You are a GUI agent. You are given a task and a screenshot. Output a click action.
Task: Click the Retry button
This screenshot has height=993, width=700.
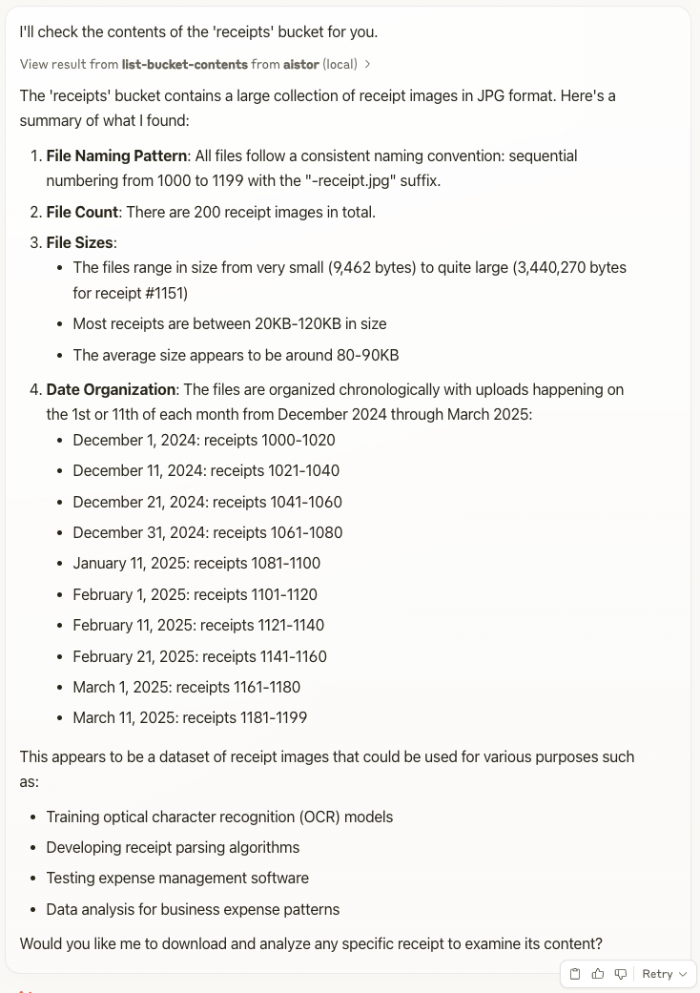(x=664, y=974)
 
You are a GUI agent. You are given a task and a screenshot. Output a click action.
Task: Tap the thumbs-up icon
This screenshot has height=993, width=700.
(x=598, y=974)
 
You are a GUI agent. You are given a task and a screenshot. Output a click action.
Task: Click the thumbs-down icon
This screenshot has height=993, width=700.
(x=621, y=974)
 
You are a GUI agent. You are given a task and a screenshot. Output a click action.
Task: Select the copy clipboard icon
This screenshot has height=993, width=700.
(x=575, y=974)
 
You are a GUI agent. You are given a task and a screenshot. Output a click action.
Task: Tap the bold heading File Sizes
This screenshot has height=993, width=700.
(x=81, y=242)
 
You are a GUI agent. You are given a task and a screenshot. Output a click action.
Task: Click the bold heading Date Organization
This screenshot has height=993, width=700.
(x=111, y=389)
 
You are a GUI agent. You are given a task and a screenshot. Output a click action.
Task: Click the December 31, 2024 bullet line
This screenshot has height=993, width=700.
(x=207, y=532)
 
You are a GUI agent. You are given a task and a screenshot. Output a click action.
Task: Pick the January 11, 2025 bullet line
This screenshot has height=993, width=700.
(x=196, y=563)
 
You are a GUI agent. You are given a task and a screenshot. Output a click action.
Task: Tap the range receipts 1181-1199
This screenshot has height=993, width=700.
(x=244, y=717)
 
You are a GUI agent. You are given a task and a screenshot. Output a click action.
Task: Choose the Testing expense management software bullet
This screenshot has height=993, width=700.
(x=177, y=878)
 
